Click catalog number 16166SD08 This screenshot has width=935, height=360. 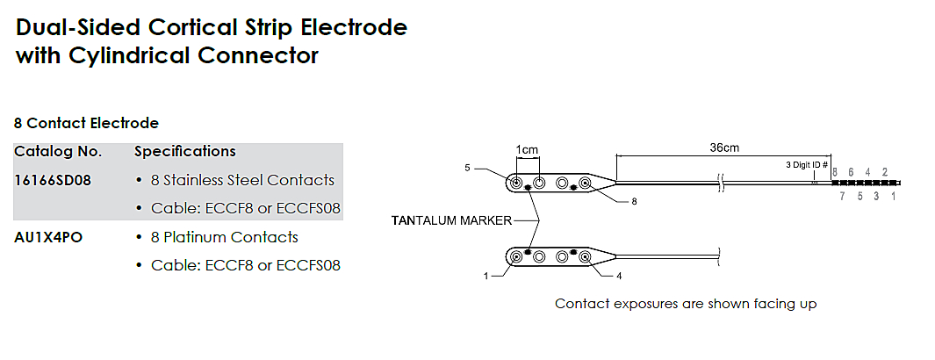tap(53, 180)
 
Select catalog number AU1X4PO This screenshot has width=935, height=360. tap(48, 237)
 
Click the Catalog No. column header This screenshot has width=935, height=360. tap(58, 151)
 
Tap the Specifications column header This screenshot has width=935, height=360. tap(184, 151)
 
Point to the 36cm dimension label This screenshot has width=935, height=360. tap(723, 148)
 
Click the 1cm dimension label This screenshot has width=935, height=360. tap(527, 149)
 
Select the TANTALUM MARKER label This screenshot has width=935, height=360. tap(450, 220)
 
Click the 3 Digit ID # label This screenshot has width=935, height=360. tap(806, 164)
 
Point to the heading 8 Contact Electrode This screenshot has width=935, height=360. tap(86, 123)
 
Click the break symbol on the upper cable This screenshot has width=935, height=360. tap(720, 183)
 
